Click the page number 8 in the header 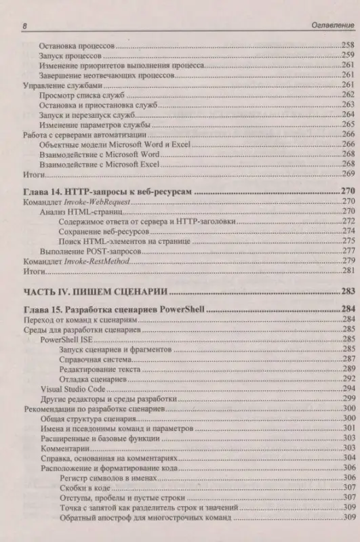pyautogui.click(x=24, y=26)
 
